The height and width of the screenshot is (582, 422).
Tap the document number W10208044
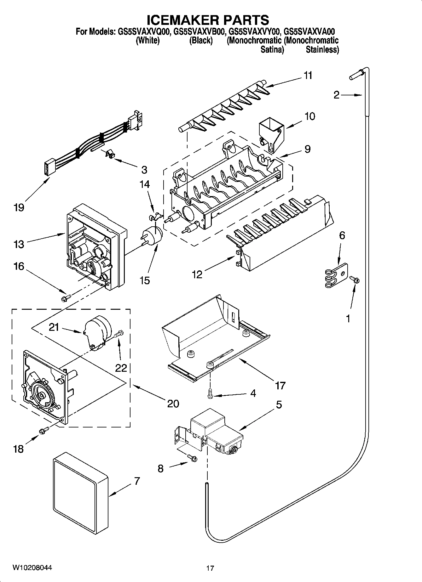coord(32,568)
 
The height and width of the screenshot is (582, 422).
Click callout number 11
coord(308,76)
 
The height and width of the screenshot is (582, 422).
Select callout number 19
coord(19,208)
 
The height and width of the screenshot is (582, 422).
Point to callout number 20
coord(173,403)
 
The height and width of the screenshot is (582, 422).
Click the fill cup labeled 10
coord(270,134)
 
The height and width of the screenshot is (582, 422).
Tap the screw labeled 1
coord(354,279)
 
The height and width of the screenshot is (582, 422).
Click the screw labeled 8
coord(192,458)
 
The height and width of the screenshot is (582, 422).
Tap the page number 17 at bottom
coord(210,568)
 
